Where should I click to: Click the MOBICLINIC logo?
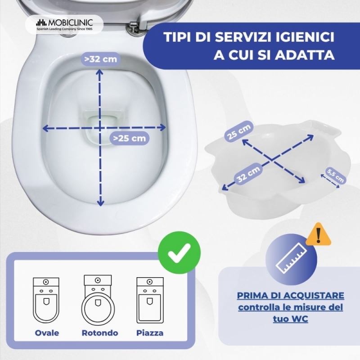tap(64, 25)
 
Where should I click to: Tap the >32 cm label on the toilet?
tap(100, 59)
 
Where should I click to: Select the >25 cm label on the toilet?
tap(130, 138)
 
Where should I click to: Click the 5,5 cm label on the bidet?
tap(335, 175)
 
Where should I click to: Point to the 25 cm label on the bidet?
tap(239, 131)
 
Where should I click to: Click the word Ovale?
tap(47, 333)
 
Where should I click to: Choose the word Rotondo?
tap(100, 333)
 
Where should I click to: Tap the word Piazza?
tap(150, 333)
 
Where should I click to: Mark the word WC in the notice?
tap(300, 319)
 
